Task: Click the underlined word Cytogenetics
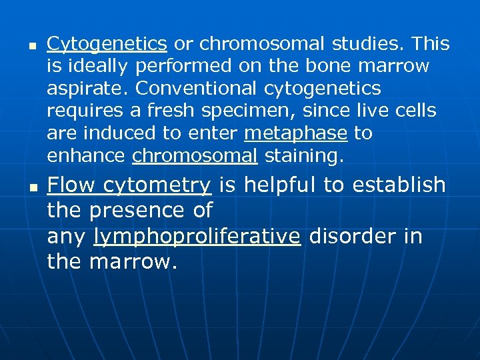coord(107,45)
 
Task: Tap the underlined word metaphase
coord(295,133)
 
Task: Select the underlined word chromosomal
coord(195,156)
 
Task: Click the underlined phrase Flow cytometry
coord(129,185)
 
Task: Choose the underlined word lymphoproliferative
coord(197,237)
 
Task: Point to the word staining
coord(304,156)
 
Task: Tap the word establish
coord(407,185)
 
